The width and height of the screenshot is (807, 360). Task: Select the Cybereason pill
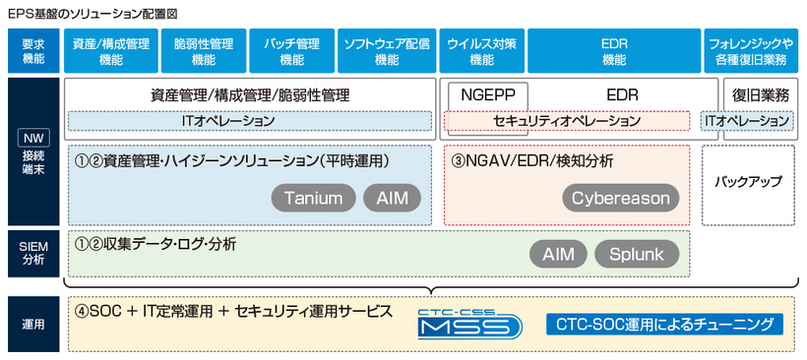pos(622,198)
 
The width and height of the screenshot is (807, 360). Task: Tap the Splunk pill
pos(638,255)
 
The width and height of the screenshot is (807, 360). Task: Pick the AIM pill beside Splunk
pos(558,255)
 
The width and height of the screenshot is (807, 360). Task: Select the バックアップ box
pos(748,183)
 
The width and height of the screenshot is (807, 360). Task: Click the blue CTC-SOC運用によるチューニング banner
pos(664,324)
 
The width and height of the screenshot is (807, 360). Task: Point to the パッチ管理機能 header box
pos(291,51)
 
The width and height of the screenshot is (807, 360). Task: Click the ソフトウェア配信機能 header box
pos(387,51)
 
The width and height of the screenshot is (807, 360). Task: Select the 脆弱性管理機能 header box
pos(203,51)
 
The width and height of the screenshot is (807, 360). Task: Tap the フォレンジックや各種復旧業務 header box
pos(752,51)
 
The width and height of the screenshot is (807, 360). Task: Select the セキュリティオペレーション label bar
pos(566,121)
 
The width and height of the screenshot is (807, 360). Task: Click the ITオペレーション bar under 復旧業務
pos(748,121)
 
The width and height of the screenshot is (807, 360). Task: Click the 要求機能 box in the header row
pos(32,51)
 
